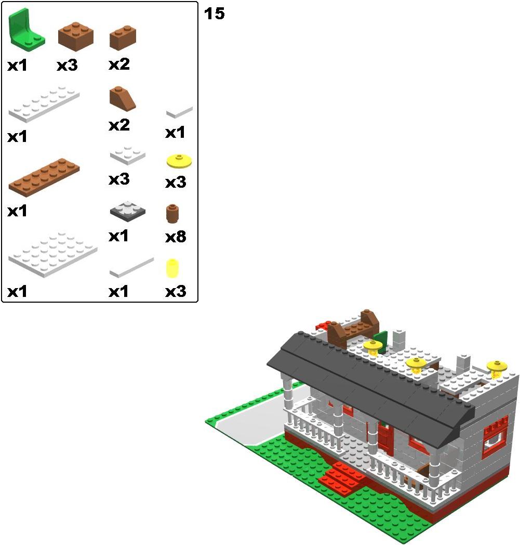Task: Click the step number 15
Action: coord(214,14)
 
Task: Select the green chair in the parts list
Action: coord(25,31)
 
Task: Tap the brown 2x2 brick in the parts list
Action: coord(76,36)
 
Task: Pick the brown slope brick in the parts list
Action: coord(123,99)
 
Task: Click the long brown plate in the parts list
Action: coord(44,177)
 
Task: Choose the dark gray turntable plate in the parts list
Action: coord(127,211)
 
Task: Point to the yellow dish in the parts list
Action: coord(179,161)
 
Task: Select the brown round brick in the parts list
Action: coord(172,213)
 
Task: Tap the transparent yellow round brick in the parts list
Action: coord(172,268)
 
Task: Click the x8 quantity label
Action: coord(176,237)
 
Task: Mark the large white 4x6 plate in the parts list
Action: coord(53,254)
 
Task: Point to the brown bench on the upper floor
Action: coord(352,328)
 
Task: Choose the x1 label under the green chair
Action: coord(17,66)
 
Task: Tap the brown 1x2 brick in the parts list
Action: coord(123,37)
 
